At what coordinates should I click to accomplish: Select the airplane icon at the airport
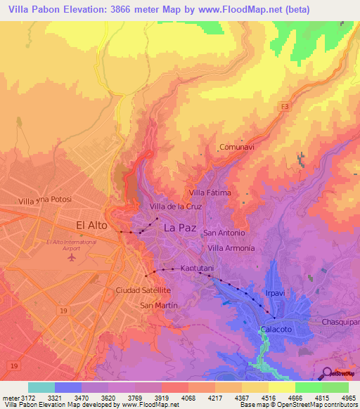[70, 257]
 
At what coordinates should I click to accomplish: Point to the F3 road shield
[284, 106]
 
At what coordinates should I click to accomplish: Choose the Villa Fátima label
[210, 193]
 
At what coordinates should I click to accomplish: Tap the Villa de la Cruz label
[176, 207]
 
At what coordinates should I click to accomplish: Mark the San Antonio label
[224, 233]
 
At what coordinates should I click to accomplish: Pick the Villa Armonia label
[231, 249]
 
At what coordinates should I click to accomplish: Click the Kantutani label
[196, 268]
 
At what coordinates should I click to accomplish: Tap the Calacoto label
[275, 330]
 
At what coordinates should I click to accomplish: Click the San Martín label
[158, 306]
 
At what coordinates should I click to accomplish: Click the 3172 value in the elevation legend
[23, 398]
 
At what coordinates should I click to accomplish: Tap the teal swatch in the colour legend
[41, 387]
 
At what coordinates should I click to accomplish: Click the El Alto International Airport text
[70, 245]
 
